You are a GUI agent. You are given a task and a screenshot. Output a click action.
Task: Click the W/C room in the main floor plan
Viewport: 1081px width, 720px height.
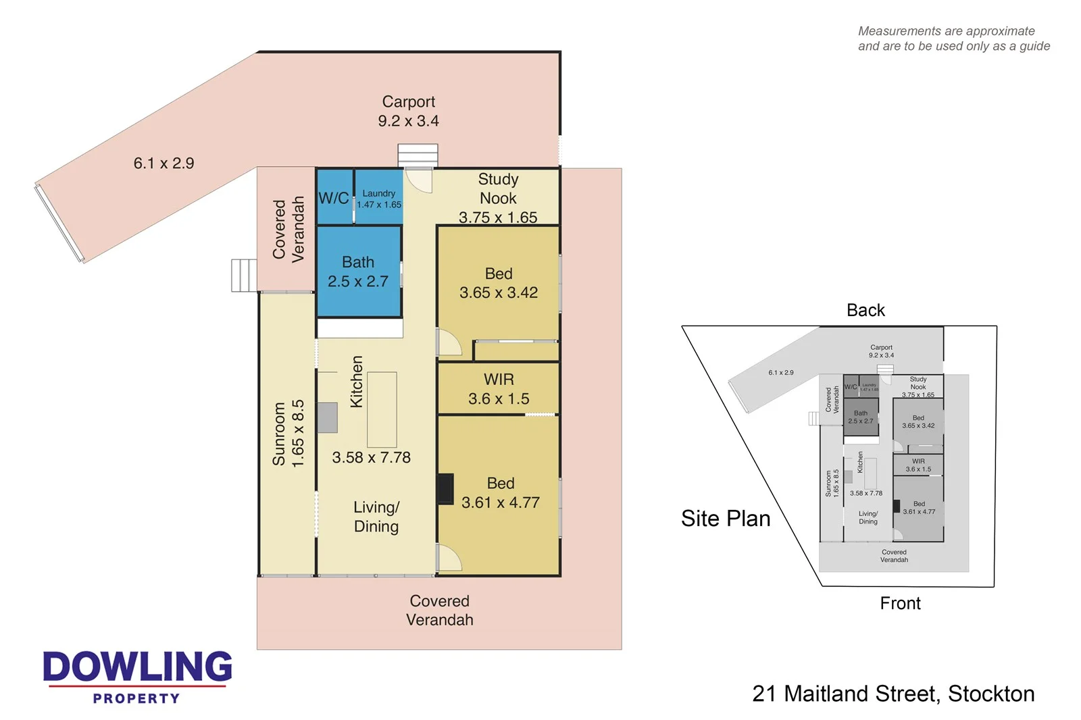tap(333, 198)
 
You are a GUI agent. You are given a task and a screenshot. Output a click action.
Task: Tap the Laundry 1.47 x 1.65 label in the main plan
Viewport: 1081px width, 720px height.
tap(379, 199)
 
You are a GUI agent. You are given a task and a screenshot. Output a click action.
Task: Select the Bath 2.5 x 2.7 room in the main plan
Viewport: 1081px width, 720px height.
tap(358, 272)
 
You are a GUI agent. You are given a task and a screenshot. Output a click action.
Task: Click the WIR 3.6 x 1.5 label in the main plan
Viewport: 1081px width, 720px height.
tap(499, 389)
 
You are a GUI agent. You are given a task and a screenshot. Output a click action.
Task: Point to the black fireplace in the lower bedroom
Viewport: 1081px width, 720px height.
tap(445, 489)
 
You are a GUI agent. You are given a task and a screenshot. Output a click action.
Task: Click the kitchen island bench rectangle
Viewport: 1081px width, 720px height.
tap(382, 409)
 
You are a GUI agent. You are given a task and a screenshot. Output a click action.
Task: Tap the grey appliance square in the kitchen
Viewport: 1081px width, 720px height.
tap(327, 417)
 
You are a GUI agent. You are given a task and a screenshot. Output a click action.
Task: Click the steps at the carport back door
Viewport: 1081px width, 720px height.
tap(418, 155)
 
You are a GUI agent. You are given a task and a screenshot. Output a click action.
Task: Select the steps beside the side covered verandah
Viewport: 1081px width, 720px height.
tap(243, 276)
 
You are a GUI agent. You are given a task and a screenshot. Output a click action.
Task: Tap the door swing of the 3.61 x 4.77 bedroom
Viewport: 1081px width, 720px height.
tap(448, 559)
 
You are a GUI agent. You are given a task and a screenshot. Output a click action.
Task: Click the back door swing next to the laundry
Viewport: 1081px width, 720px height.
tap(420, 181)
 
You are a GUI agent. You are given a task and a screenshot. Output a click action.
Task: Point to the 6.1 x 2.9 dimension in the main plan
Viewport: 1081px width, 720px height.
tap(164, 163)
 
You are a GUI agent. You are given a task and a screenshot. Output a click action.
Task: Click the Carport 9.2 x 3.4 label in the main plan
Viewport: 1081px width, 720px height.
tap(408, 111)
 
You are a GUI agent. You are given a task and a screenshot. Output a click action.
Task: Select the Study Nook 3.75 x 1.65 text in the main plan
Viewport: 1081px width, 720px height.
tap(498, 198)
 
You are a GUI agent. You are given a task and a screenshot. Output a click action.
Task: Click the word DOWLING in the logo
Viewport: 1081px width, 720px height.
tap(138, 667)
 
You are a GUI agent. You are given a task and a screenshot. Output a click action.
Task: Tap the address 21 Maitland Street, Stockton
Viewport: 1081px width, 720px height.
tap(893, 694)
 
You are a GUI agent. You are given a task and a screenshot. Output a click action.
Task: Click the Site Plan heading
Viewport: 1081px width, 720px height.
tap(726, 518)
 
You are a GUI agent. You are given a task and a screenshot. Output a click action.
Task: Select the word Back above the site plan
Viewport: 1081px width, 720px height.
tap(865, 310)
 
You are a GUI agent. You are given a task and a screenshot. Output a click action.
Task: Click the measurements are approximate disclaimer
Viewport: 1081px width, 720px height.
tap(953, 38)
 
